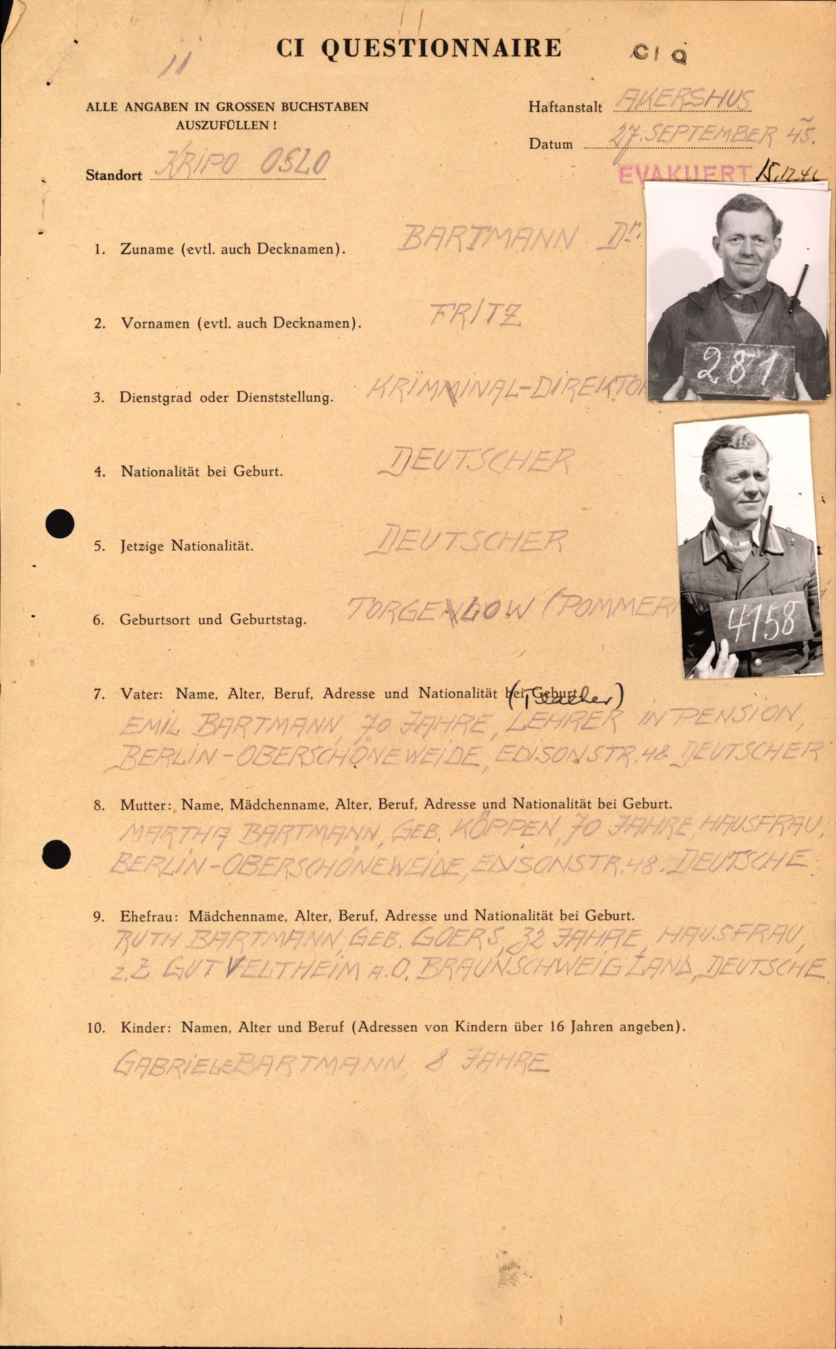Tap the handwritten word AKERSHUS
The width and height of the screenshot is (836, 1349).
(x=682, y=101)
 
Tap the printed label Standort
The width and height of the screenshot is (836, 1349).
(x=113, y=175)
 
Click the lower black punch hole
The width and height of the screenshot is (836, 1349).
(x=57, y=854)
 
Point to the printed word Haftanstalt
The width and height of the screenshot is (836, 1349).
(x=565, y=107)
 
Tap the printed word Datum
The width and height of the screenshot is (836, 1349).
(x=550, y=144)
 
